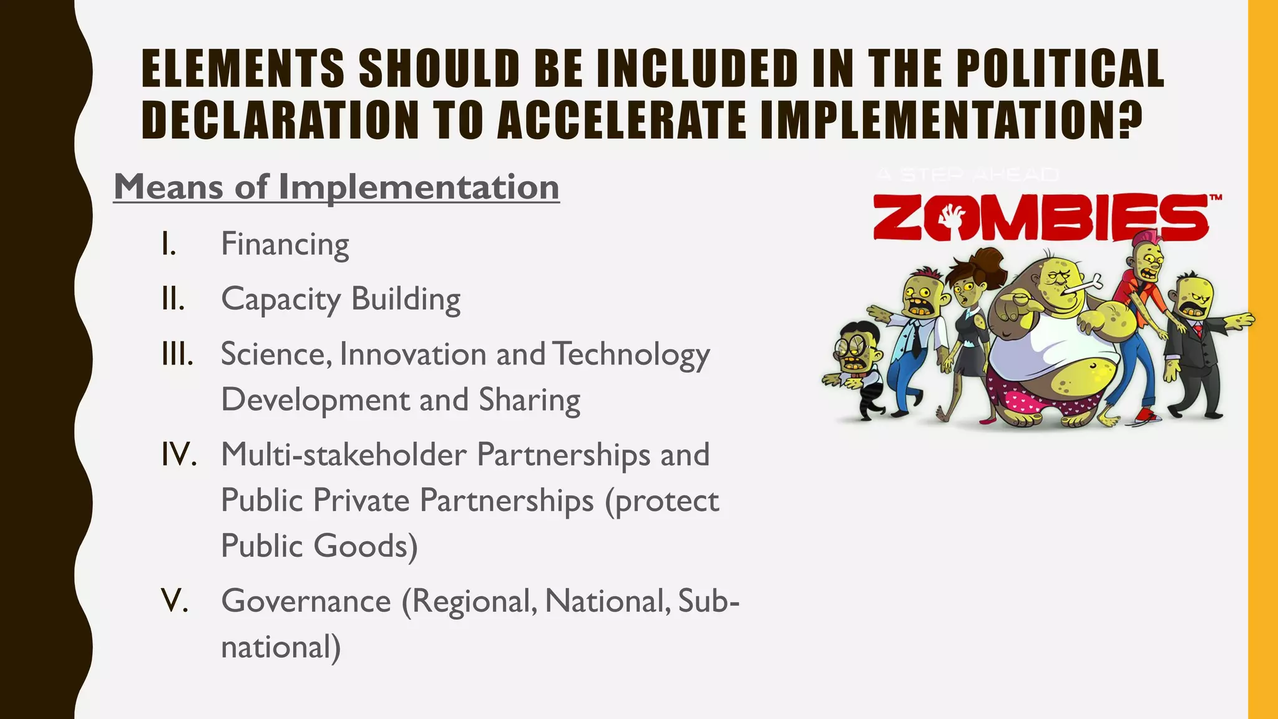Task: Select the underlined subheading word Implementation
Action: pos(419,187)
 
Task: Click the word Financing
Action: pos(285,244)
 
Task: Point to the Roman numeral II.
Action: pos(173,299)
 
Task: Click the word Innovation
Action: pos(412,354)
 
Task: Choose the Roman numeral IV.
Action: pos(178,454)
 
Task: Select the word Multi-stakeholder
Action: pos(343,454)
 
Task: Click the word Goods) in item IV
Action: pos(366,546)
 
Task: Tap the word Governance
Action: pos(306,601)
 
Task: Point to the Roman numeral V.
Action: pos(174,601)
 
